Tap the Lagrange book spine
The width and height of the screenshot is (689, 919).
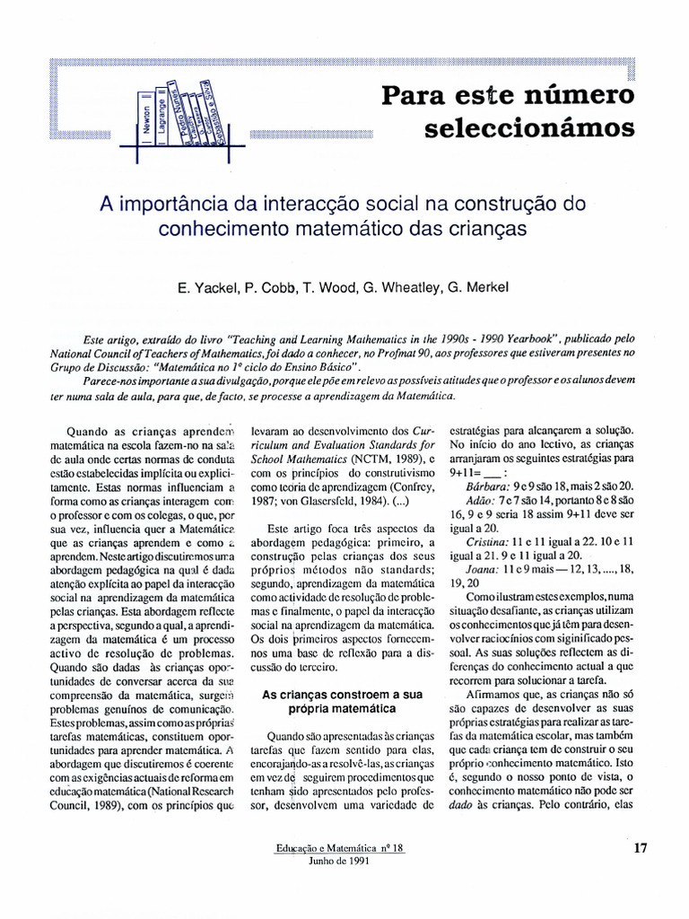[x=162, y=117]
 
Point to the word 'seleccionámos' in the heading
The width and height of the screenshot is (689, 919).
[x=528, y=127]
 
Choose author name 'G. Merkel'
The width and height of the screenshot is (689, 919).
[x=477, y=287]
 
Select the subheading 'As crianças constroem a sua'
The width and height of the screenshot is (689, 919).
[x=342, y=694]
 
